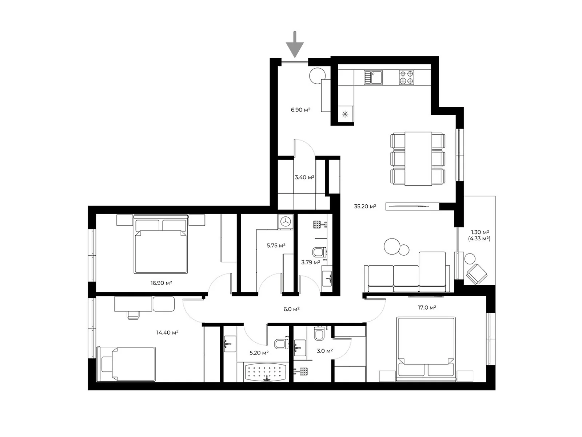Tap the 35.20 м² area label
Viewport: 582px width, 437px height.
[x=365, y=206]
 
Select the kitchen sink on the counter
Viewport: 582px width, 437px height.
[x=373, y=77]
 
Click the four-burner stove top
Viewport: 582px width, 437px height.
[x=406, y=77]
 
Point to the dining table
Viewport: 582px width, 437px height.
[x=418, y=158]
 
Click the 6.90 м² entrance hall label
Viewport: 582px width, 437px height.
[x=300, y=110]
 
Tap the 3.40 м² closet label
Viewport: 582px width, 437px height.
[x=304, y=177]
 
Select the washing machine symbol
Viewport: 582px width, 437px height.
[x=286, y=221]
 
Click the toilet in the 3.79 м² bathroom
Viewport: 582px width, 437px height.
[x=319, y=252]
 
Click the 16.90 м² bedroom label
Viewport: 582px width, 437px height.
[x=161, y=283]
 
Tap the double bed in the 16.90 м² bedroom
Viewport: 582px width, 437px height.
[x=161, y=244]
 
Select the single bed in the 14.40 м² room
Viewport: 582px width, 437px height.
[x=126, y=364]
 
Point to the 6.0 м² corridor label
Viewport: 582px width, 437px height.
[x=291, y=309]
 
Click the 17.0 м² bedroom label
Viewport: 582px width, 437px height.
[x=427, y=307]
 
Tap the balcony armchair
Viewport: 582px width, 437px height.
[x=477, y=274]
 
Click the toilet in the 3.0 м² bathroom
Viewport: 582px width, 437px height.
[x=319, y=334]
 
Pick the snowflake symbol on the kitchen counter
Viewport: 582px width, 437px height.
[x=345, y=114]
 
